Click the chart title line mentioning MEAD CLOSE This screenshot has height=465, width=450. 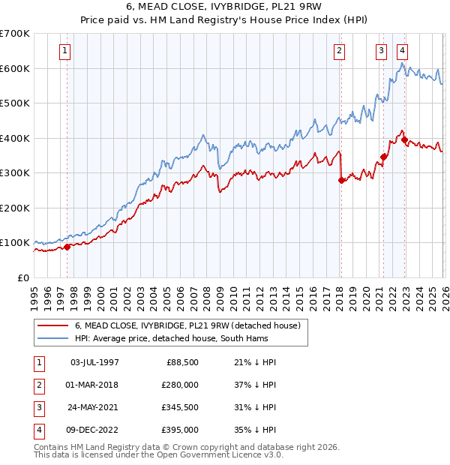click(224, 8)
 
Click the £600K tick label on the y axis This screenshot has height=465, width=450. click(15, 68)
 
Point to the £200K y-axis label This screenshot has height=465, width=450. click(15, 208)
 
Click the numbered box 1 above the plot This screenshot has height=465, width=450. click(66, 51)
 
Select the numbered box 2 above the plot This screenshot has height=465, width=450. click(340, 51)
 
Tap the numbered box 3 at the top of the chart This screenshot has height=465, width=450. click(382, 51)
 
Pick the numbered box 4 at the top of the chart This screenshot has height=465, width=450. click(403, 51)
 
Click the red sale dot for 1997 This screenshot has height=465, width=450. click(67, 247)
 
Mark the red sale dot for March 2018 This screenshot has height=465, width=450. click(340, 180)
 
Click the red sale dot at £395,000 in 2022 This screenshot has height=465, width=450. click(404, 139)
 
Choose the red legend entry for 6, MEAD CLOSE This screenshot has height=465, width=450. click(187, 325)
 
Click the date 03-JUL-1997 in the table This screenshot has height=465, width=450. click(94, 362)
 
